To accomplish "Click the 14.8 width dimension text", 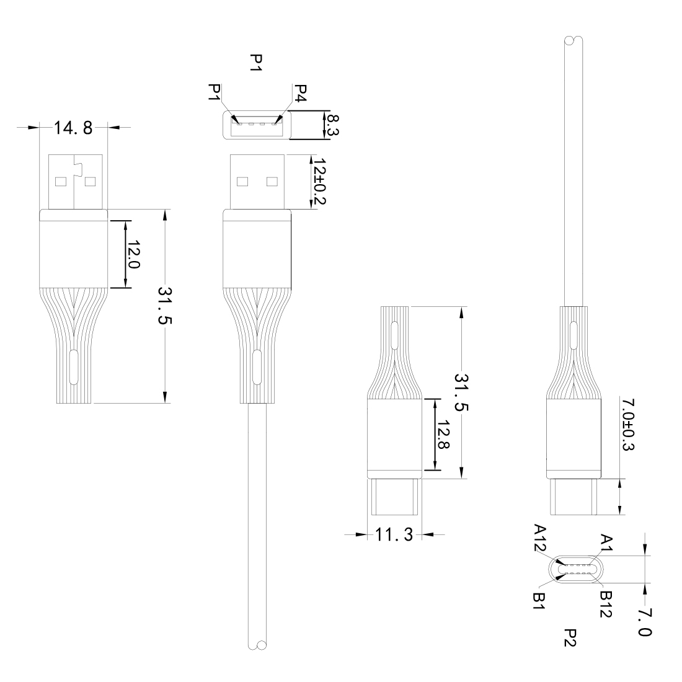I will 73,128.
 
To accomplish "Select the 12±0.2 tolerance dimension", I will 320,181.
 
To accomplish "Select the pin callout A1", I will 605,544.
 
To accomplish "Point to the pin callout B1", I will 539,600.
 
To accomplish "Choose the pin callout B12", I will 606,602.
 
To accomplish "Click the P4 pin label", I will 299,94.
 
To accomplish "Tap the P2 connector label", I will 570,637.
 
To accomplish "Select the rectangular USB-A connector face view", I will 257,125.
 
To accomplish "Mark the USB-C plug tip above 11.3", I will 395,497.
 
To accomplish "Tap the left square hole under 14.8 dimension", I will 61,182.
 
